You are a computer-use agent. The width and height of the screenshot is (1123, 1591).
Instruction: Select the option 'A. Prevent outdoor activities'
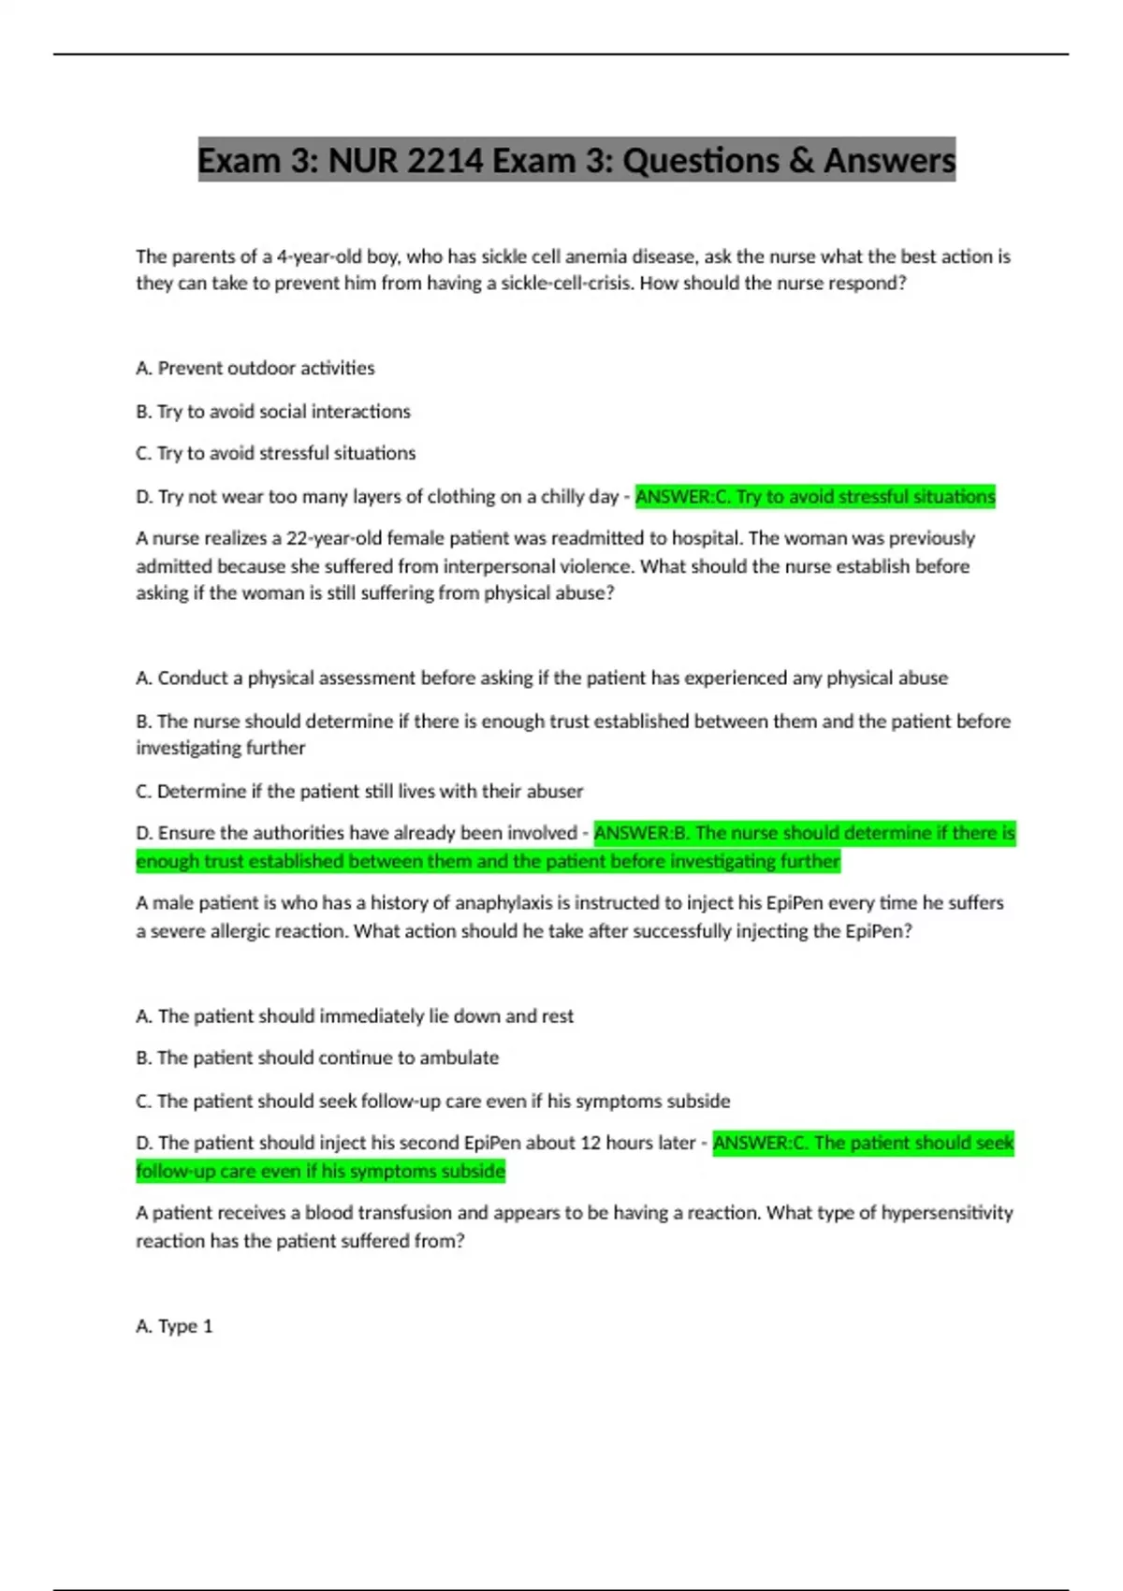coord(255,368)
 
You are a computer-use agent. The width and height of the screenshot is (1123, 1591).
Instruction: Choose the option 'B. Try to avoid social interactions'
coord(272,411)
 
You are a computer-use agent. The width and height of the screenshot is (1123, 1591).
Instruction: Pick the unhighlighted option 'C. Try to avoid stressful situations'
coord(275,453)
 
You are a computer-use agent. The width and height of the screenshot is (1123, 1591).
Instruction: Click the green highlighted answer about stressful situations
coord(815,496)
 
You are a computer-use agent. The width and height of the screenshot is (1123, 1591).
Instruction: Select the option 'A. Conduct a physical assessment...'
coord(541,678)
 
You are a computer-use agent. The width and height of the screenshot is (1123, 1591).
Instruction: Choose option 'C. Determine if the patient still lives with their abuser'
coord(358,791)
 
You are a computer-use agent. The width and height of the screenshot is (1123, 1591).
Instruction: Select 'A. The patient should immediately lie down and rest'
coord(354,1015)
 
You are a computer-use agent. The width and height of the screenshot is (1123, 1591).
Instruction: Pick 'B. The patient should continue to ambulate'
coord(316,1058)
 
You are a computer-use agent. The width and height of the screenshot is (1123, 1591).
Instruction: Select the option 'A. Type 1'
coord(174,1325)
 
